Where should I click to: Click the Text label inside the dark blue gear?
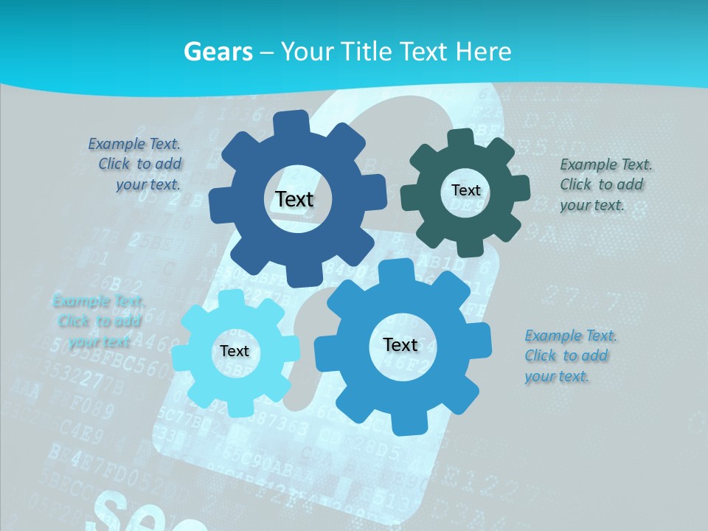click(294, 199)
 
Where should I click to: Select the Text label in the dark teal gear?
click(465, 190)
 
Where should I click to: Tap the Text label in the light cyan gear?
click(235, 351)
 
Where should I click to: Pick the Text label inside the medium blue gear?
click(400, 344)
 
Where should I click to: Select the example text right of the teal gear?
click(605, 185)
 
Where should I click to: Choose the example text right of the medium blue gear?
click(570, 356)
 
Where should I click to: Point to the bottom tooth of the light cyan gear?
click(235, 407)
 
